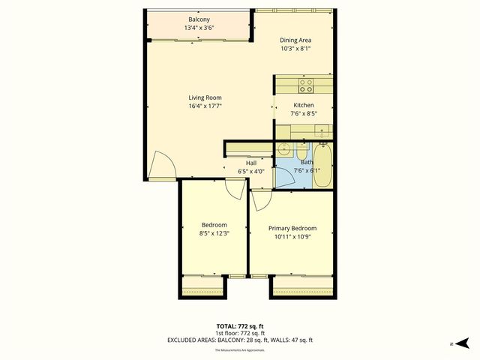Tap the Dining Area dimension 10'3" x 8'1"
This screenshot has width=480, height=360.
295,49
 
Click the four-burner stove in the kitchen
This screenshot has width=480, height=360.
306,85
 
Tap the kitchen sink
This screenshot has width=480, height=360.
321,133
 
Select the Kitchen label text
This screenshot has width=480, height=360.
303,106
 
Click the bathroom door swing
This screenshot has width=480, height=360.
286,177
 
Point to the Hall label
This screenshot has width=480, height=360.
252,162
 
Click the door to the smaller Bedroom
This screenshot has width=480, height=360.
235,188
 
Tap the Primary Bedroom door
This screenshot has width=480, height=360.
260,199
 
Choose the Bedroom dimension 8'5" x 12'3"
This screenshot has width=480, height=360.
214,233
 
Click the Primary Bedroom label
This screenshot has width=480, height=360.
292,228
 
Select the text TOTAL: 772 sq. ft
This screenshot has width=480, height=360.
239,325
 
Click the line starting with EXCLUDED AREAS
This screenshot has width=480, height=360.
239,340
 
